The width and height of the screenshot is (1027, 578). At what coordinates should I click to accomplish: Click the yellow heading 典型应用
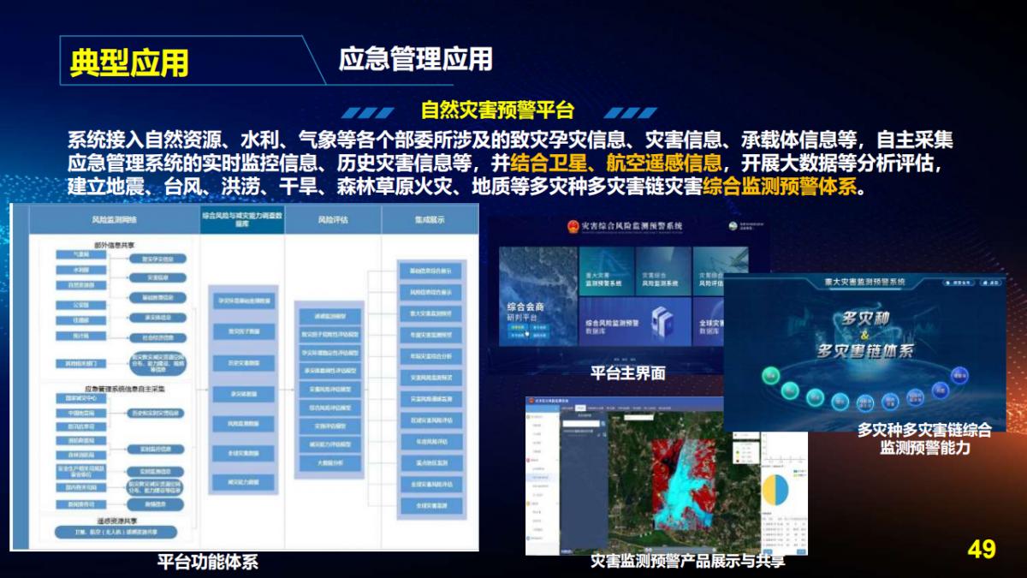click(129, 63)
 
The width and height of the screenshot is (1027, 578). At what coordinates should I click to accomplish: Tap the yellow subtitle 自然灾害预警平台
click(497, 110)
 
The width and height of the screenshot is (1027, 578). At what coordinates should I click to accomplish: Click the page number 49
click(982, 549)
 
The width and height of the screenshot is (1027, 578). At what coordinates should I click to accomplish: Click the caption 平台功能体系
click(207, 563)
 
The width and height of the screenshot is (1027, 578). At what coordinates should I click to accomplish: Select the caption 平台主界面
click(627, 373)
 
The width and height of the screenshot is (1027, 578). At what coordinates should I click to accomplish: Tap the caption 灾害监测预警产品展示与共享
click(687, 561)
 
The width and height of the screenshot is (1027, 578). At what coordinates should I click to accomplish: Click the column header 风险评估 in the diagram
click(332, 220)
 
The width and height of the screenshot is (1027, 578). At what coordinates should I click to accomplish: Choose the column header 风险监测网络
click(114, 220)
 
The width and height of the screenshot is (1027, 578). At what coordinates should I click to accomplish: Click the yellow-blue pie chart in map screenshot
click(775, 489)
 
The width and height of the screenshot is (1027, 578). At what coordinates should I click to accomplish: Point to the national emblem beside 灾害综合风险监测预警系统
click(571, 226)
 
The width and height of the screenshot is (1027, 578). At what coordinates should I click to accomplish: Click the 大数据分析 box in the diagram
click(329, 463)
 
